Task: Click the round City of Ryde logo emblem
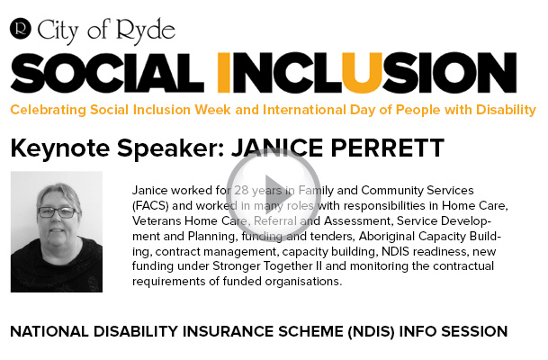(21, 28)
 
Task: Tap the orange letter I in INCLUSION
(224, 73)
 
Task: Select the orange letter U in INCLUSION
(362, 73)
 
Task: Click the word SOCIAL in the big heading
(107, 73)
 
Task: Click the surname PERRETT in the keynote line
(387, 148)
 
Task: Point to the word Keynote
(60, 148)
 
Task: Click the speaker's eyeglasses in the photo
(58, 212)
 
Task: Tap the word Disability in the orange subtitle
(506, 110)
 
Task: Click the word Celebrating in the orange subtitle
(49, 110)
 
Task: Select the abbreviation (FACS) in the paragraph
(150, 205)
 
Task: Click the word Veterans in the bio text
(157, 220)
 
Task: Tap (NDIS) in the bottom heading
(371, 332)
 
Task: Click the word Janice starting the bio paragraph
(150, 191)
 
